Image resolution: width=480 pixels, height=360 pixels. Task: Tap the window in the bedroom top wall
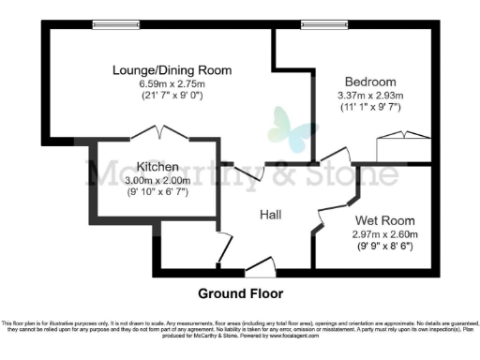[x=318, y=25]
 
